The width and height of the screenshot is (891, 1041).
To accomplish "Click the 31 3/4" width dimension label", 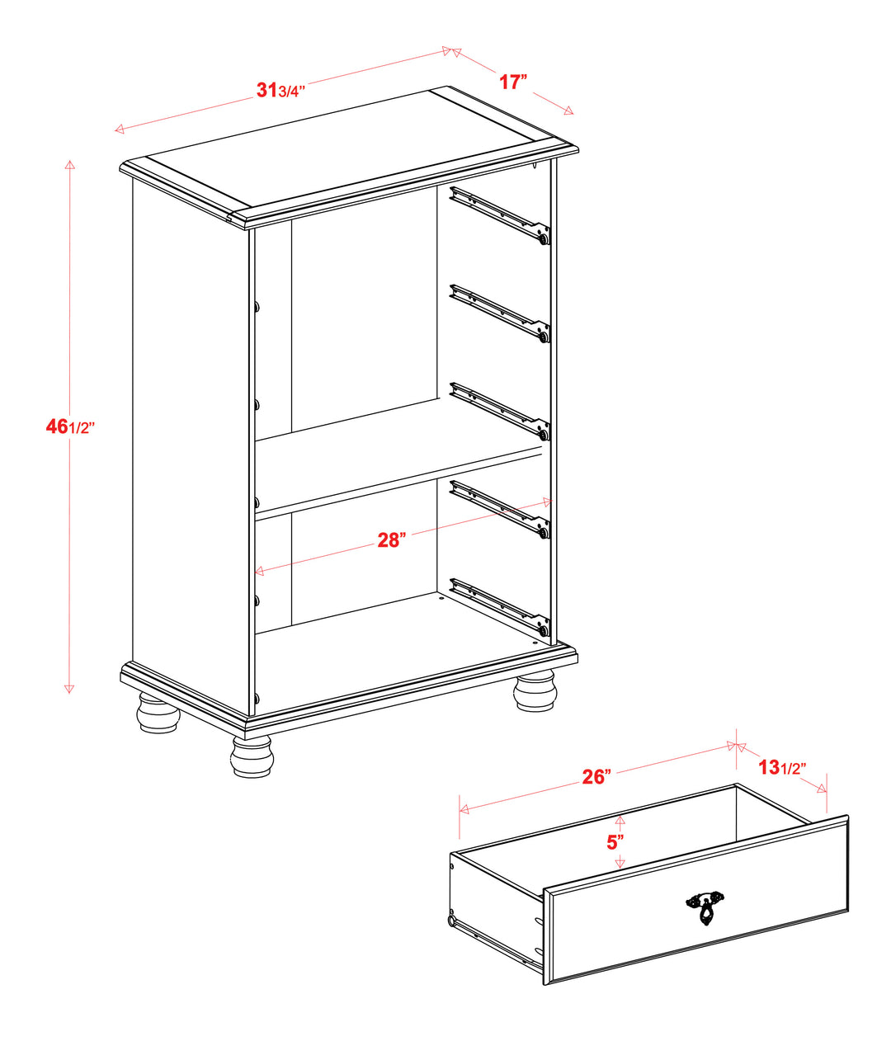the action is [x=280, y=91].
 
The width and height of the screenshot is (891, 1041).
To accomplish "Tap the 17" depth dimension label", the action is [x=513, y=82].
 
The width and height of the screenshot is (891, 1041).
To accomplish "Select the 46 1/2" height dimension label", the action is [x=70, y=427].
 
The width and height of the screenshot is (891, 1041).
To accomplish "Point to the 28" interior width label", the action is [x=391, y=540].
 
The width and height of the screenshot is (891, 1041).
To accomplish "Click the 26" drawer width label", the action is [x=596, y=776].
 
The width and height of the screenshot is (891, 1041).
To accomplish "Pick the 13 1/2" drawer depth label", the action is [x=782, y=767].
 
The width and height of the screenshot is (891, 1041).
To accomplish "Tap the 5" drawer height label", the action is [x=615, y=841].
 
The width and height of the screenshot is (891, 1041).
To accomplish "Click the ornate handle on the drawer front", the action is [x=705, y=908].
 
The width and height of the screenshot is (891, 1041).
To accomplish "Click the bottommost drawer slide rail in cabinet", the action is [x=500, y=607].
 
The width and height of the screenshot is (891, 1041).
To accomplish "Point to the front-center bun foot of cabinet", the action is [x=252, y=756].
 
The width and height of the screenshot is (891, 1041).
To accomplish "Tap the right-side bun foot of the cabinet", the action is [x=536, y=690].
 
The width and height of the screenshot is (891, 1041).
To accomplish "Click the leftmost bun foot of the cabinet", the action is [x=158, y=712].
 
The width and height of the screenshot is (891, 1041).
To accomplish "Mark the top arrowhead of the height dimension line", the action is [x=69, y=165].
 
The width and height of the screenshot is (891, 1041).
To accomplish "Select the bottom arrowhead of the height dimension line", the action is [x=69, y=689].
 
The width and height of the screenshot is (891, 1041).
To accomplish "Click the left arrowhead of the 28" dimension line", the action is [x=259, y=571].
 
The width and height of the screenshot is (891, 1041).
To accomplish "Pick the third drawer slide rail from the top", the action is [x=500, y=412].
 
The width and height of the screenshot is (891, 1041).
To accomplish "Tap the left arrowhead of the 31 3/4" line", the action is [x=120, y=130].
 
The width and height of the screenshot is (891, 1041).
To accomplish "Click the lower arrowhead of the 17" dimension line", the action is [x=568, y=111].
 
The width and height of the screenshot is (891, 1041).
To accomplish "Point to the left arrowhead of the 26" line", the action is [x=464, y=809].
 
